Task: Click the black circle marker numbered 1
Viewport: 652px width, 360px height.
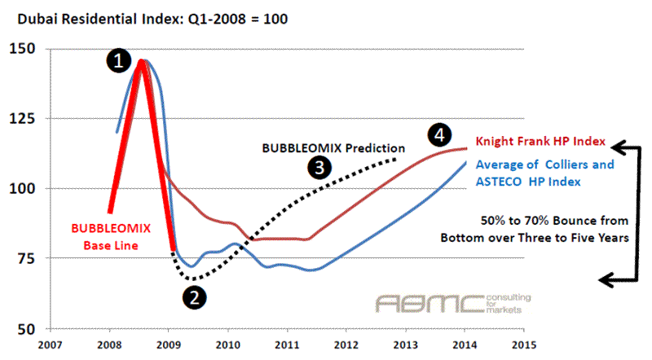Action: tap(119, 59)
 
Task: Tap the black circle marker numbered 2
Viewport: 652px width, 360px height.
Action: tap(194, 297)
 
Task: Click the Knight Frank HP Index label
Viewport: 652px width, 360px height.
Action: tap(531, 140)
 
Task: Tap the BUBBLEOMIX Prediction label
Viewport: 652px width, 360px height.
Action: tap(333, 148)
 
